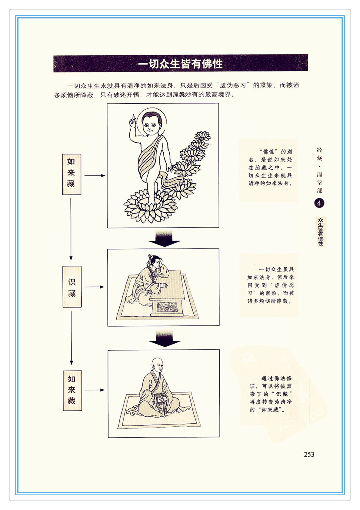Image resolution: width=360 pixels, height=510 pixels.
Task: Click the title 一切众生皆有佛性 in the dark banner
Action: [180, 64]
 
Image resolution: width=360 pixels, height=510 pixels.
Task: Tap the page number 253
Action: [309, 454]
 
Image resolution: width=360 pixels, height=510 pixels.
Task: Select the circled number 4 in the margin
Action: [319, 203]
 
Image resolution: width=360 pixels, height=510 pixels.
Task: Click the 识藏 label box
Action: [72, 287]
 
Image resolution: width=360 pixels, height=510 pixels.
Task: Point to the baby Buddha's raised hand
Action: [132, 121]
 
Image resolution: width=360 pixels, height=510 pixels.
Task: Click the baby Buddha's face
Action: [151, 125]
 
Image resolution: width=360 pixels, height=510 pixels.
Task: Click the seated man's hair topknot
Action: [150, 257]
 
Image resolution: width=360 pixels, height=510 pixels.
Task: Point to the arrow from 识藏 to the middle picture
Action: [94, 287]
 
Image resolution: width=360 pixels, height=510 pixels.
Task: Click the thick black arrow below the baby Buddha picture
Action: [164, 239]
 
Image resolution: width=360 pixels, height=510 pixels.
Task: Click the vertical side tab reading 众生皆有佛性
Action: [321, 231]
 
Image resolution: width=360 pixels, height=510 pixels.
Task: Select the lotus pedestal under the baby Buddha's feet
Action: [150, 207]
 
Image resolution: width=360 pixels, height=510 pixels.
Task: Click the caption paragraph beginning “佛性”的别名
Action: [270, 167]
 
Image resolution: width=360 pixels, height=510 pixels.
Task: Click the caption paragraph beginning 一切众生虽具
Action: [271, 285]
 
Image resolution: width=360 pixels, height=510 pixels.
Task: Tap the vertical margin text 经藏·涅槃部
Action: [319, 170]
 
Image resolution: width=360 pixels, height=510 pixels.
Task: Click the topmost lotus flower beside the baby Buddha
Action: [203, 136]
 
